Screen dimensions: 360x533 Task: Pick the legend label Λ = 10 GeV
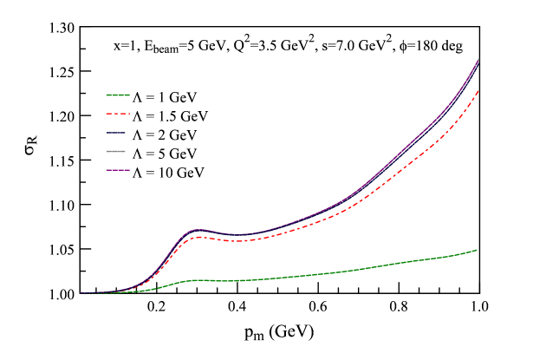point(169,173)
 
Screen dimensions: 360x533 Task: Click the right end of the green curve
point(478,250)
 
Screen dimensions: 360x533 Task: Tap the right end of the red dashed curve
point(478,90)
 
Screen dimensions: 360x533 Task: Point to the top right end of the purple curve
point(479,58)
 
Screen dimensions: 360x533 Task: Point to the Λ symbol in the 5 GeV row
point(136,154)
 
